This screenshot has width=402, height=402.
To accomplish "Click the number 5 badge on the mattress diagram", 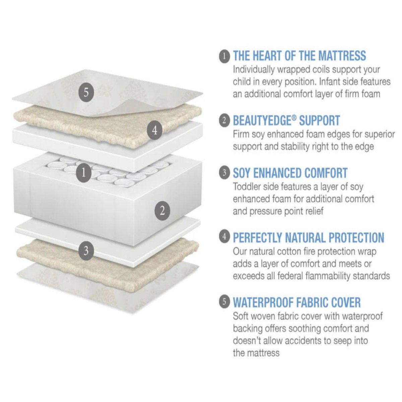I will (x=86, y=92).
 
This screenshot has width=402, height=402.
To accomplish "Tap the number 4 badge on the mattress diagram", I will (x=154, y=130).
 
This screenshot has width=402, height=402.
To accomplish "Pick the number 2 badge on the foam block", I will (x=162, y=211).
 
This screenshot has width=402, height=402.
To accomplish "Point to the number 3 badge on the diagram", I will (x=86, y=250).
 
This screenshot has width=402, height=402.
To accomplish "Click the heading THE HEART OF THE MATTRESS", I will (x=299, y=56).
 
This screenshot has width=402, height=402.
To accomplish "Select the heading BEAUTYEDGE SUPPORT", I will (x=286, y=120).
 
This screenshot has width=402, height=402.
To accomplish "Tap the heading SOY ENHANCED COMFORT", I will (x=290, y=173).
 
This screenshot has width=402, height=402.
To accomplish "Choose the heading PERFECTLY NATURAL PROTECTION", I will (x=308, y=238).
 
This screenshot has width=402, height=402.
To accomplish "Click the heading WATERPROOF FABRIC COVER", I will (x=297, y=302).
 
